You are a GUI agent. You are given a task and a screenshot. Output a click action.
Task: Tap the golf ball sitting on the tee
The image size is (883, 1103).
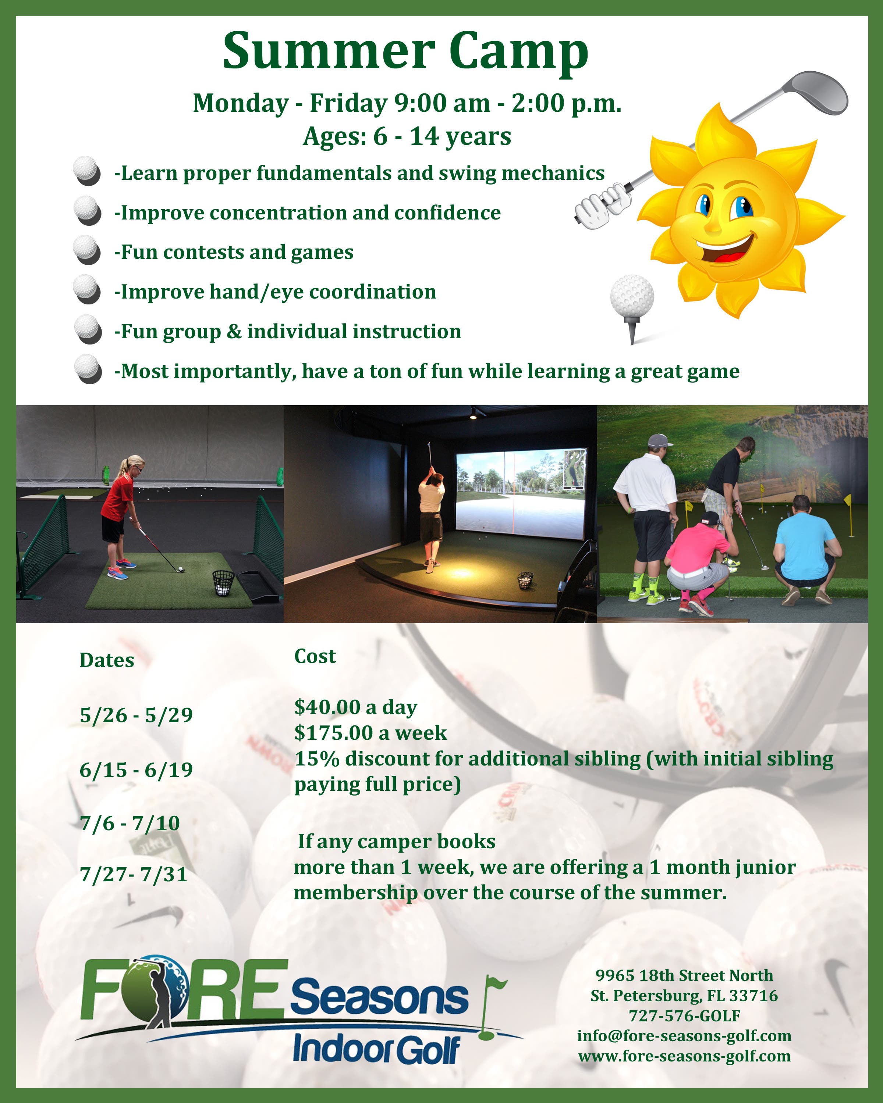[x=632, y=296]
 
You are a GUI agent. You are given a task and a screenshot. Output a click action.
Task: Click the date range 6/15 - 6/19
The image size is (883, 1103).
[x=136, y=770]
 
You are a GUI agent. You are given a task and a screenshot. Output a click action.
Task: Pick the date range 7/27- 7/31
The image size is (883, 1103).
[x=134, y=874]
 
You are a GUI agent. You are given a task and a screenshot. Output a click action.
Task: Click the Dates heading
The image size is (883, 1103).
[x=106, y=660]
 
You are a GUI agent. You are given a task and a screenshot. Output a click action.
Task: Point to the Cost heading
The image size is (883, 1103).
[x=315, y=656]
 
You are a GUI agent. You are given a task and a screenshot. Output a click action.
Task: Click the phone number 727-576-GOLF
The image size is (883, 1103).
[x=684, y=1015]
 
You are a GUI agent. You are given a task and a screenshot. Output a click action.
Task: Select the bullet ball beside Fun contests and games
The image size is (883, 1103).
[x=87, y=250]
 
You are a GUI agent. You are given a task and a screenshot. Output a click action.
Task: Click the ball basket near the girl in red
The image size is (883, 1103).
[x=223, y=583]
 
